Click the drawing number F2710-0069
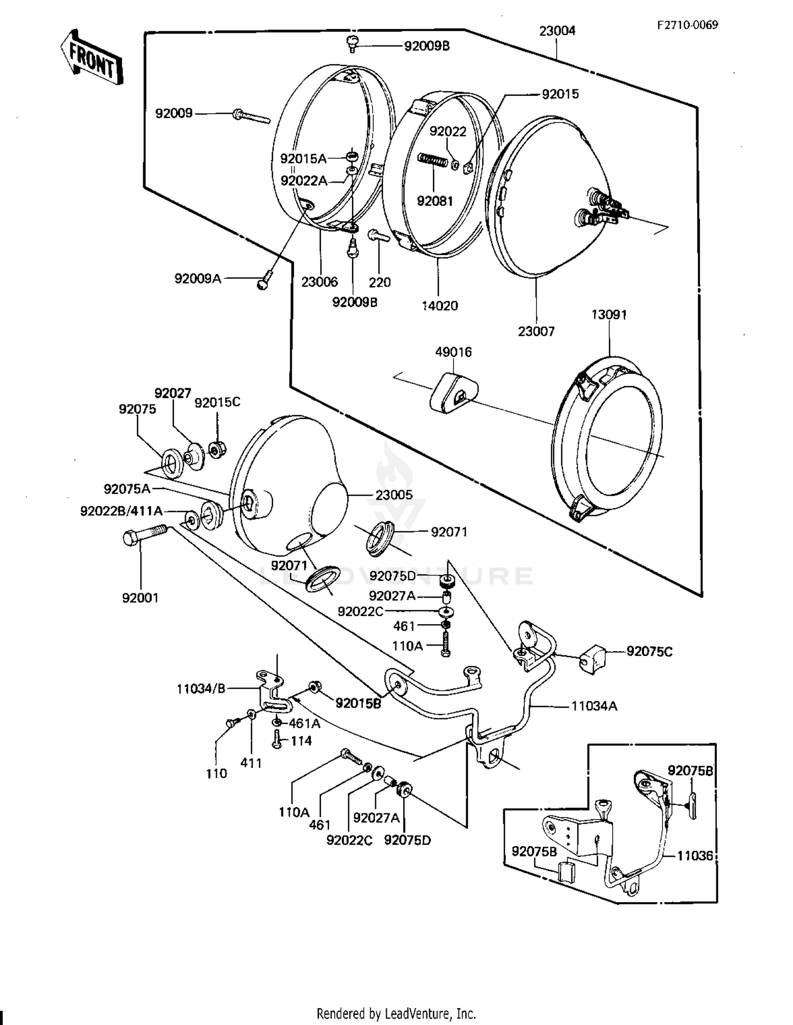click(x=687, y=25)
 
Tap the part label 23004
click(x=557, y=31)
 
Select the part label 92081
click(x=435, y=201)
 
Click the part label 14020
click(x=440, y=306)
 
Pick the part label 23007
click(x=536, y=332)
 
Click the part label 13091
click(x=609, y=315)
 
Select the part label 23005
click(x=394, y=495)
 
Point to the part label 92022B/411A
click(x=121, y=511)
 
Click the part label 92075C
click(x=650, y=652)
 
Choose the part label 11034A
click(x=594, y=706)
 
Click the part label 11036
click(x=696, y=856)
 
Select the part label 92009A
click(x=198, y=278)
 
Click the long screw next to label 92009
click(x=251, y=115)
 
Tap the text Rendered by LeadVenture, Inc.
click(x=396, y=1013)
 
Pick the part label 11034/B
click(x=201, y=689)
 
